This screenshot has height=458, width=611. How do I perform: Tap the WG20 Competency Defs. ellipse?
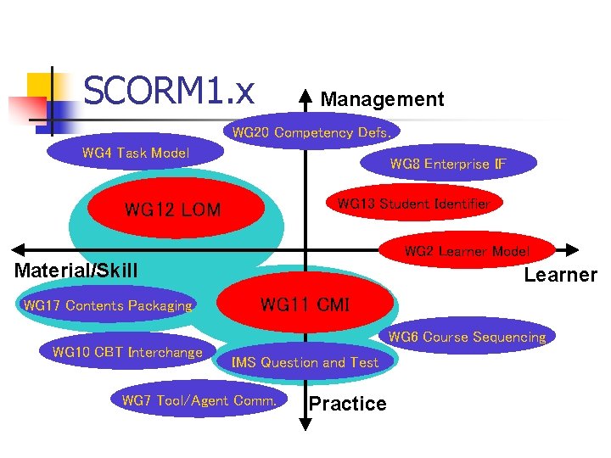coord(311,133)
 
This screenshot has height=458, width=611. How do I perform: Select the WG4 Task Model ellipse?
coord(136,154)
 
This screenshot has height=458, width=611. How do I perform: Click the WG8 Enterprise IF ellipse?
coord(448,165)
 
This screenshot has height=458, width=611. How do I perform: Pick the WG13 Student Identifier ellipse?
coord(413,204)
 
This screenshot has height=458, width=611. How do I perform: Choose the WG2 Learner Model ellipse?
coord(467,251)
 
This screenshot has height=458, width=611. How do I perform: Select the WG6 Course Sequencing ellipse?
coord(467,337)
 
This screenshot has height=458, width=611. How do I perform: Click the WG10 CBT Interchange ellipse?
coord(127,353)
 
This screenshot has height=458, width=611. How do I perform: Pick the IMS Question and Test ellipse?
coord(305,363)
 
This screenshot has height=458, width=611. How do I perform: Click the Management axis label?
coord(382,99)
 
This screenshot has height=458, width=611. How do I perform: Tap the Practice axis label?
coord(347,404)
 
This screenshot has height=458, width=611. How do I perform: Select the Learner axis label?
coord(560,275)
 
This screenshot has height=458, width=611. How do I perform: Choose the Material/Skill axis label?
coord(76,271)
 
